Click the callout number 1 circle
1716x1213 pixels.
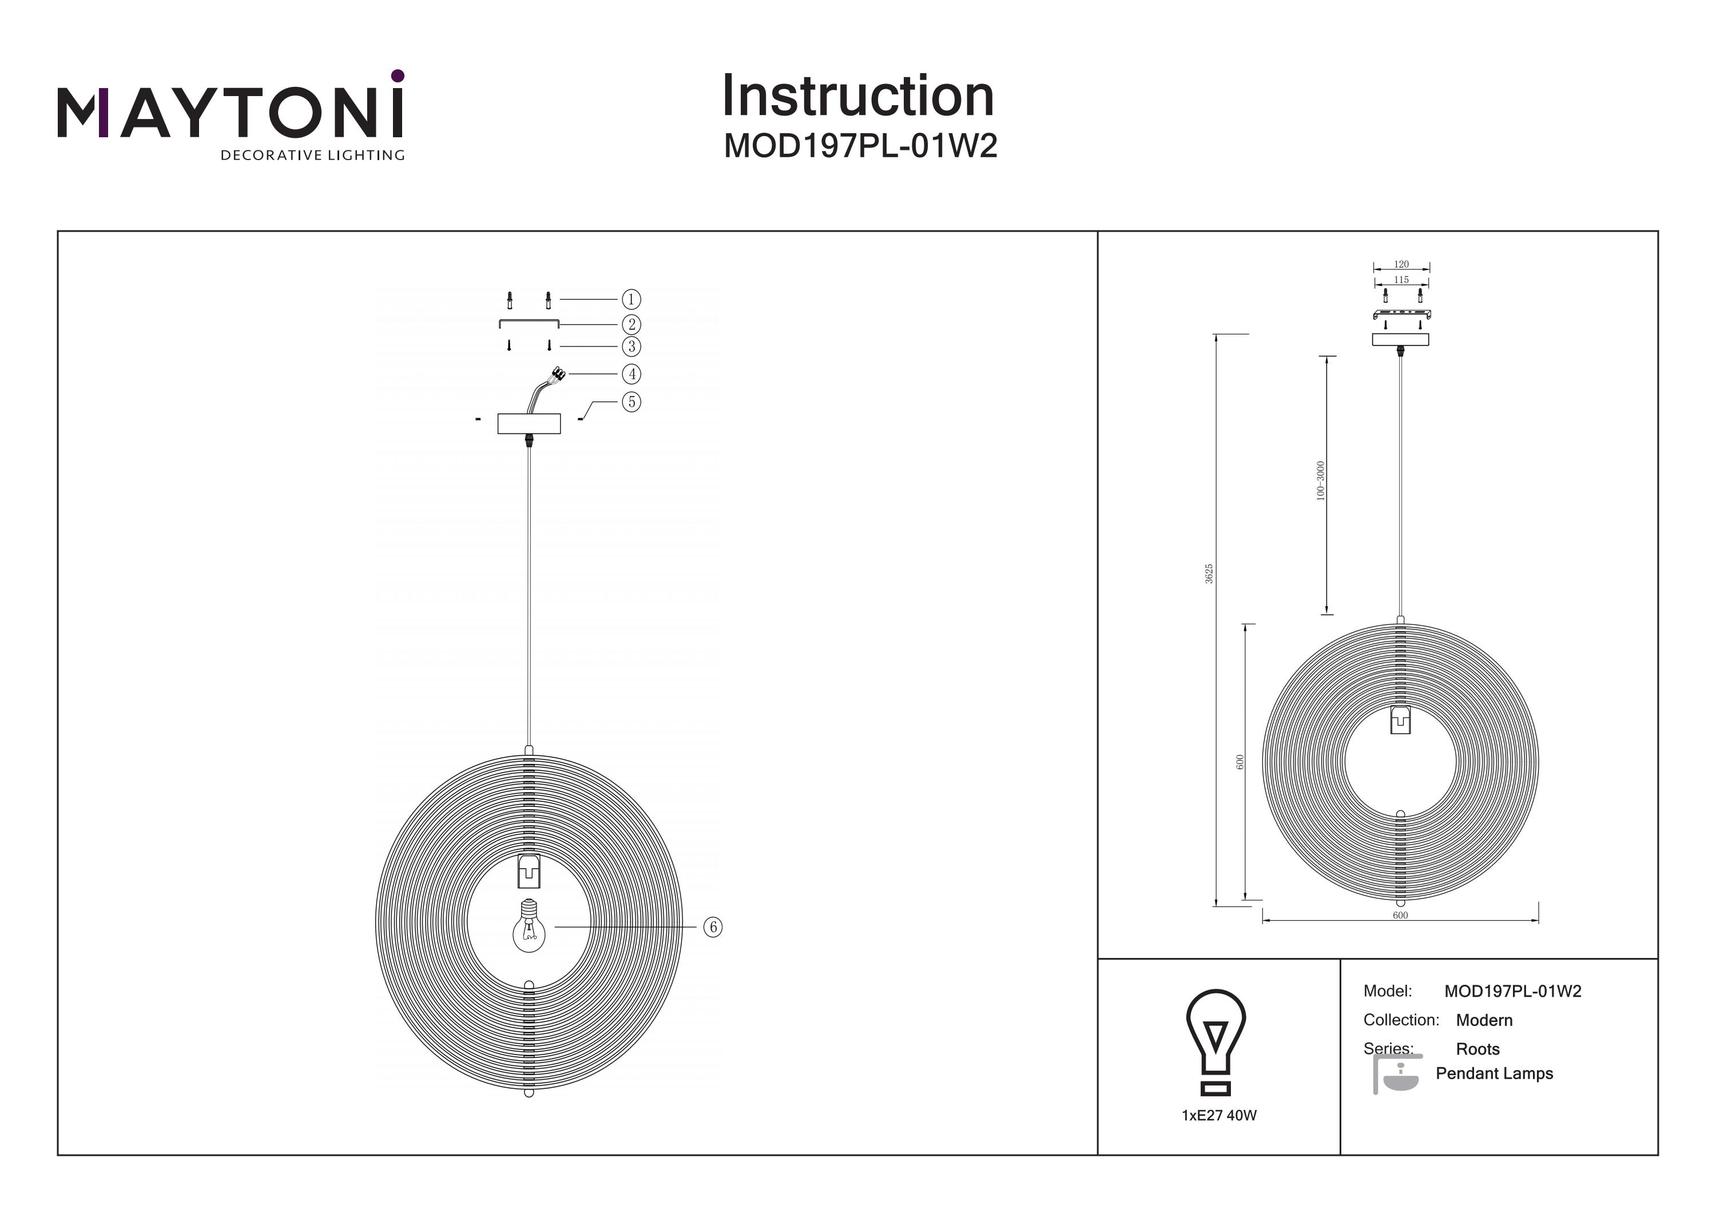pos(631,300)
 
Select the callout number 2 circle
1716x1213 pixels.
pos(631,324)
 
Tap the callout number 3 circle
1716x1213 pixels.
pos(631,347)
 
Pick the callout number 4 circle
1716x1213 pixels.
pos(631,373)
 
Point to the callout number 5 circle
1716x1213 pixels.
pos(631,402)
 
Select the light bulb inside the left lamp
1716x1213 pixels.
pos(529,926)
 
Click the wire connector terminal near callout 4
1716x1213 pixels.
pos(558,373)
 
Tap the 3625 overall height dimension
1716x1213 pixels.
pos(1209,574)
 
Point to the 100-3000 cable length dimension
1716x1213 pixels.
pos(1320,480)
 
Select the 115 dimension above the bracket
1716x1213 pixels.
pos(1401,280)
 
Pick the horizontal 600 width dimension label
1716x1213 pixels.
pos(1400,916)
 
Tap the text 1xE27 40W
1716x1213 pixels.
pos(1219,1115)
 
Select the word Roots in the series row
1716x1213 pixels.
pos(1477,1049)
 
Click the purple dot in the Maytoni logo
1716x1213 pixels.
pos(398,75)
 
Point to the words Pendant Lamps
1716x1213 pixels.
pos(1494,1073)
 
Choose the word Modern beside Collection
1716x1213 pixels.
pos(1484,1020)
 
